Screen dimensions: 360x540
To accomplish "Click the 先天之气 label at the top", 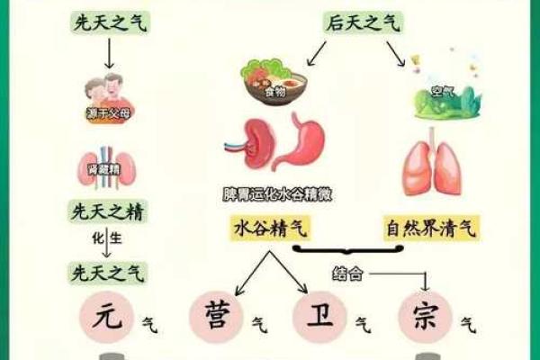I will click(108, 23).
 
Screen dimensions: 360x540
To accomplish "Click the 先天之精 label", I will click(108, 213).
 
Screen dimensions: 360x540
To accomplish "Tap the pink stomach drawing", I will click(303, 144).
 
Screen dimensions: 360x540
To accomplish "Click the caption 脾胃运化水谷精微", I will click(274, 193).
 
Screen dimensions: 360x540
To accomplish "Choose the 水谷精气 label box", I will click(270, 229).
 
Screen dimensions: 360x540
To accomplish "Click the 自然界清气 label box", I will click(432, 229).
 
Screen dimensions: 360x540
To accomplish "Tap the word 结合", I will click(348, 273).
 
